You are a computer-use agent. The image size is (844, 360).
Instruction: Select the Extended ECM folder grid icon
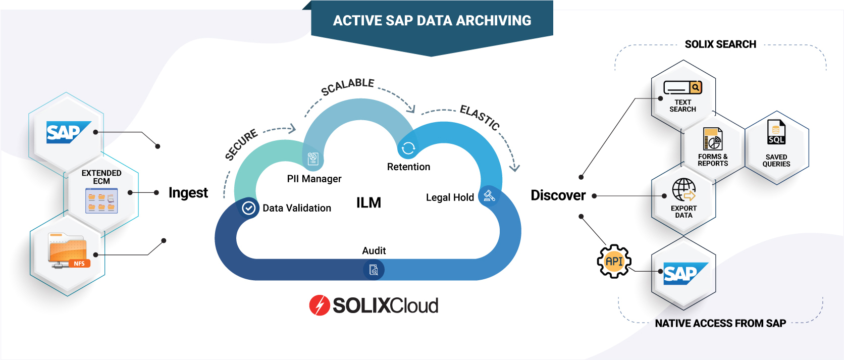click(101, 200)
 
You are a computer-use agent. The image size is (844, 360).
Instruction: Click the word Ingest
click(188, 193)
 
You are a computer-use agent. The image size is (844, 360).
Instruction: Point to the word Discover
click(558, 195)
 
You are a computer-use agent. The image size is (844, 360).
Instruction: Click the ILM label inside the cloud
click(368, 203)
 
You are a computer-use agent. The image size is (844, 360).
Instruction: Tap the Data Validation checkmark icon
click(248, 208)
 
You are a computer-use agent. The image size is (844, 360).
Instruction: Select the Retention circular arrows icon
click(408, 148)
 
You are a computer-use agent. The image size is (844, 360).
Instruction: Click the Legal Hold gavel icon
click(489, 196)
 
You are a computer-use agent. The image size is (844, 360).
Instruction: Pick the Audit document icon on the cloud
click(374, 270)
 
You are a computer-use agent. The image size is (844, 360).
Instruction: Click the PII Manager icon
click(313, 159)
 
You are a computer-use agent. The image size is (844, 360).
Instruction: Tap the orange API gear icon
click(614, 262)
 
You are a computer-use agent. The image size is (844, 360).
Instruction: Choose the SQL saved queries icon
click(776, 132)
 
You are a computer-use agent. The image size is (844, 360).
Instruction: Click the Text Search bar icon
click(682, 88)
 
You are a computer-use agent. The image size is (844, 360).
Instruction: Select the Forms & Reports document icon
click(712, 139)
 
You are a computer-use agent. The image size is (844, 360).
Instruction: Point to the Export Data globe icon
click(683, 190)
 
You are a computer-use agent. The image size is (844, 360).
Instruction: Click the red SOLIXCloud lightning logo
click(320, 305)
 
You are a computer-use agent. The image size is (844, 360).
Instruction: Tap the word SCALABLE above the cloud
click(348, 86)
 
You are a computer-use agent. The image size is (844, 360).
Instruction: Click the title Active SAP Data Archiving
click(432, 21)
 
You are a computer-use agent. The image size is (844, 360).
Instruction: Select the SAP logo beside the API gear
click(683, 273)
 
